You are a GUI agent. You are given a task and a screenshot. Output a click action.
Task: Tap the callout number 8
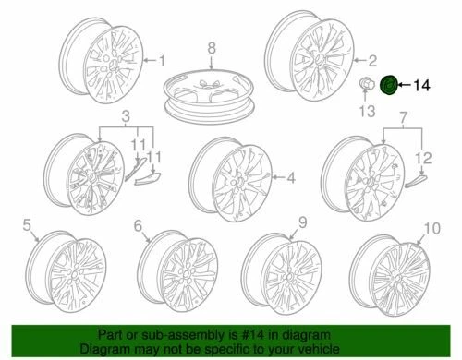[211, 47]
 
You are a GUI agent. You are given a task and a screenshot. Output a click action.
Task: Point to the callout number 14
[422, 87]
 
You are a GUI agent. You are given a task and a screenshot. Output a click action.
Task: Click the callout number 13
[362, 112]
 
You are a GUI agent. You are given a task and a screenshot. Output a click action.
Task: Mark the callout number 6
[138, 224]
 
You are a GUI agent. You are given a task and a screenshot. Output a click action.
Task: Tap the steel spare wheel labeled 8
[212, 93]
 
